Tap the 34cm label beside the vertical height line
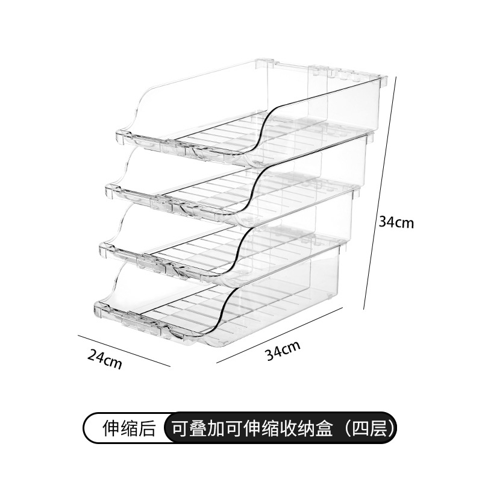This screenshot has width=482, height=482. point(396,222)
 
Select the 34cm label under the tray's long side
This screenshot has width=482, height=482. point(283,350)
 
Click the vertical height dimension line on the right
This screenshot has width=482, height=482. point(380,193)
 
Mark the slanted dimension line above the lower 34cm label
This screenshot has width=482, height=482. point(277,334)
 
